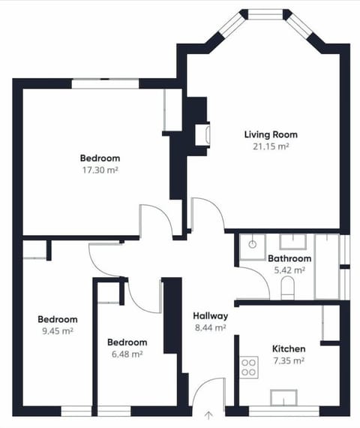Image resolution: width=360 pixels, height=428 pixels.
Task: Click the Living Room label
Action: pyautogui.click(x=271, y=134)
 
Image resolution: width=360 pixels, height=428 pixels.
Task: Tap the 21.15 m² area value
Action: pyautogui.click(x=271, y=146)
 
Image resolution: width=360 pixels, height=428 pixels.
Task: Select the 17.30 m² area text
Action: pyautogui.click(x=100, y=170)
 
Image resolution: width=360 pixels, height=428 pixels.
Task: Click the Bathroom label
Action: pyautogui.click(x=289, y=259)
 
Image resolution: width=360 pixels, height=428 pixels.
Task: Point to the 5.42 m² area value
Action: pyautogui.click(x=289, y=270)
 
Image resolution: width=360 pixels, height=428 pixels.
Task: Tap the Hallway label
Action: pyautogui.click(x=210, y=315)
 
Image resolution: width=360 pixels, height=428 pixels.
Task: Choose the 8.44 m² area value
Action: pyautogui.click(x=210, y=327)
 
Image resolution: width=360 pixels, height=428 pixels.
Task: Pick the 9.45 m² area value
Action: pyautogui.click(x=58, y=330)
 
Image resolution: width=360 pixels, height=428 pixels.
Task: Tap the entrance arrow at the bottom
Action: pyautogui.click(x=208, y=413)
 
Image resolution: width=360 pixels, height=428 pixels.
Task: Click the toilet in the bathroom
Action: pyautogui.click(x=288, y=288)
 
